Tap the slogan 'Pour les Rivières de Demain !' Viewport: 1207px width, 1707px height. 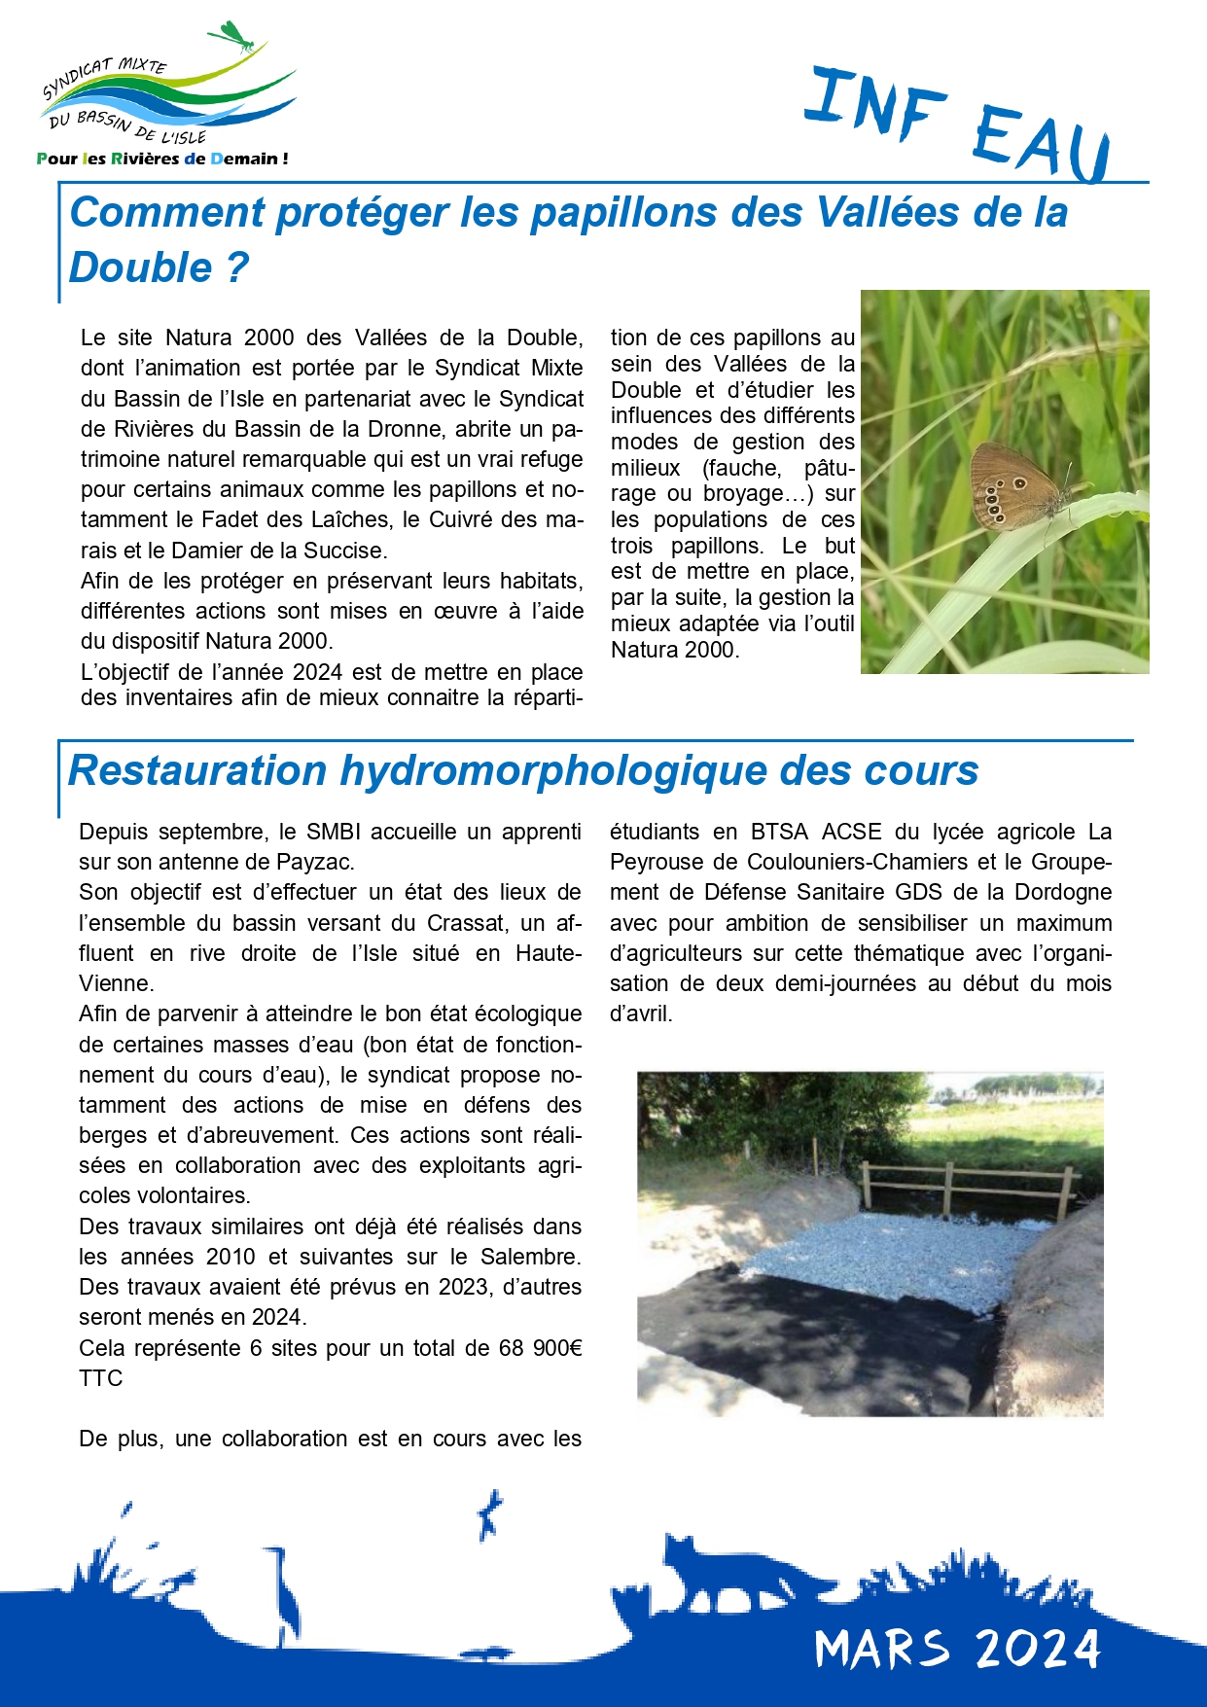pyautogui.click(x=161, y=159)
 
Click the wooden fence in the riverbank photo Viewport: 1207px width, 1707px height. pyautogui.click(x=968, y=1187)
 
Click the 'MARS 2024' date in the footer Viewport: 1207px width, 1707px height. pyautogui.click(x=957, y=1648)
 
